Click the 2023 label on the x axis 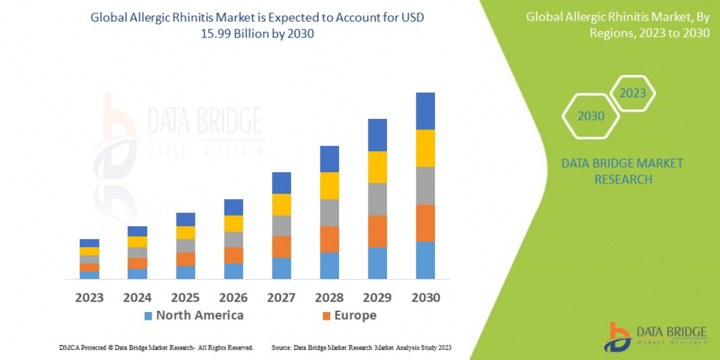click(x=89, y=298)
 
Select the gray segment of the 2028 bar click(x=329, y=212)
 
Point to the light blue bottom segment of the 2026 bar click(x=233, y=271)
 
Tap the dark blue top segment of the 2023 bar click(x=89, y=243)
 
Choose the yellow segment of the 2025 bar click(x=185, y=233)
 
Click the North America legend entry click(x=199, y=316)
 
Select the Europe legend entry click(x=355, y=316)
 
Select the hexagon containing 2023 click(x=632, y=93)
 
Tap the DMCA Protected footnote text click(x=156, y=347)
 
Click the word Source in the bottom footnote click(x=281, y=347)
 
